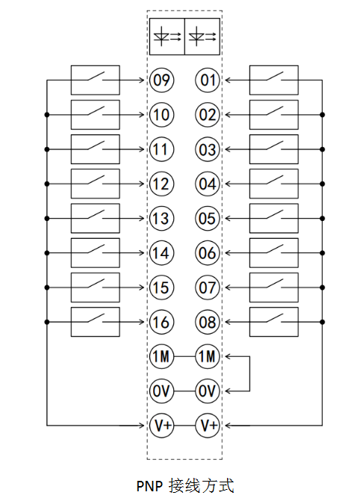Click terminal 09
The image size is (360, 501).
tap(161, 80)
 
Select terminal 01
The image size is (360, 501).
tap(208, 80)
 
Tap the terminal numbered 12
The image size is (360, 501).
tap(161, 184)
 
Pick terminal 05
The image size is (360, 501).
tap(208, 218)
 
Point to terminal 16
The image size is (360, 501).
tap(161, 322)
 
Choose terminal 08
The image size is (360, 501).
tap(208, 322)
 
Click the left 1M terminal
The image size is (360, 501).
tap(161, 356)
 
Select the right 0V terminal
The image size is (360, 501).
tap(208, 390)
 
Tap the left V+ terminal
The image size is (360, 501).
tap(161, 426)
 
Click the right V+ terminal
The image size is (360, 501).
tap(208, 426)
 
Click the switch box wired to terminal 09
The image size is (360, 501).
tap(96, 80)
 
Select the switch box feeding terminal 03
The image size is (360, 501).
tap(274, 149)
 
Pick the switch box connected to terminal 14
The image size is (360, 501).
tap(96, 252)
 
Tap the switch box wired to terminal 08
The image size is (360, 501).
tap(274, 322)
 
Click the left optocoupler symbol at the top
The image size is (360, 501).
tap(167, 37)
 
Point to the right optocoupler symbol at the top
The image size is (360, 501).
tap(202, 37)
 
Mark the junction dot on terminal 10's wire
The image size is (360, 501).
tap(47, 115)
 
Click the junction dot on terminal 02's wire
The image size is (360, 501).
tap(322, 115)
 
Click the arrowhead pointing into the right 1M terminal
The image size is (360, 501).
tap(228, 356)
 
